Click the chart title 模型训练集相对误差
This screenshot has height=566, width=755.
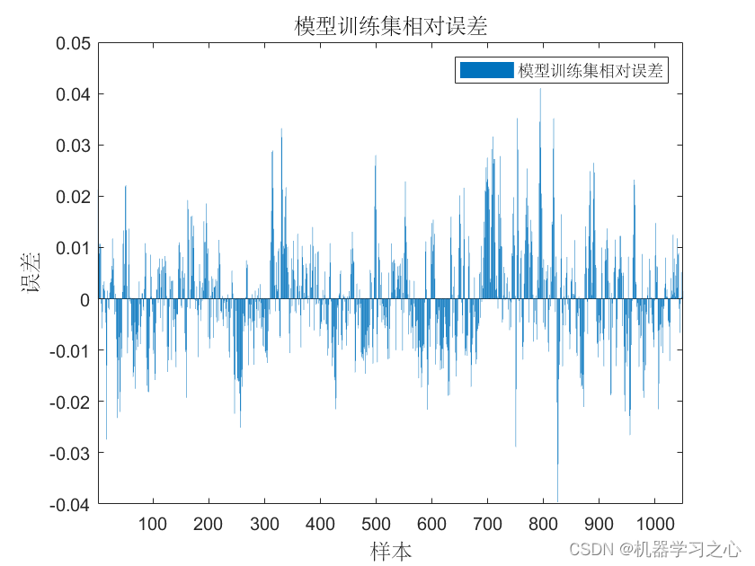click(390, 26)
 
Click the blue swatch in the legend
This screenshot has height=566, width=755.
click(485, 70)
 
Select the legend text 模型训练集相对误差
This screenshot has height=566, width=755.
click(591, 71)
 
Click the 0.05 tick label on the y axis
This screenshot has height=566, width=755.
click(73, 43)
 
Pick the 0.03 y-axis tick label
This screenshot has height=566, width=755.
click(73, 146)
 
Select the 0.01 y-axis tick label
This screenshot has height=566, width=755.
click(73, 248)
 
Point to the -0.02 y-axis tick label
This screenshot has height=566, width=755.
click(70, 402)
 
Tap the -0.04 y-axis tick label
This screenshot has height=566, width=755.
click(70, 504)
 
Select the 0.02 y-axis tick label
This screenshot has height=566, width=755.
click(73, 197)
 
